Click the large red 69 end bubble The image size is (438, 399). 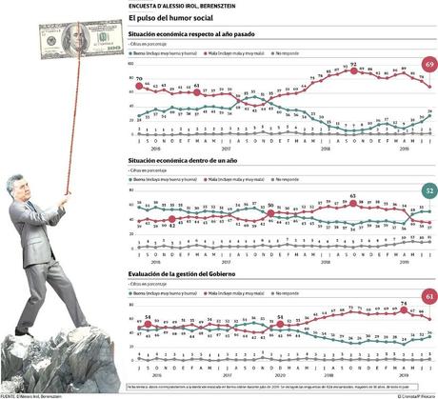click(x=428, y=63)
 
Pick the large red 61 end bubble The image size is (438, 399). click(x=428, y=297)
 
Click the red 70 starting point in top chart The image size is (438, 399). click(x=139, y=86)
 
